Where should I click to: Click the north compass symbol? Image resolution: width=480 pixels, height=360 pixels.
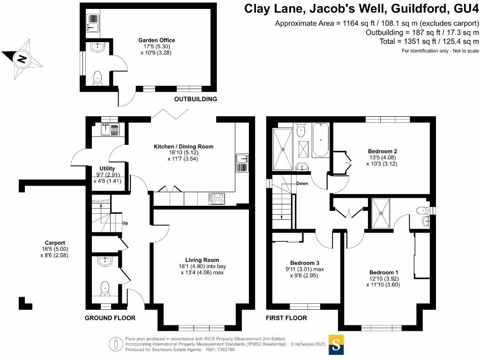pyautogui.click(x=22, y=59)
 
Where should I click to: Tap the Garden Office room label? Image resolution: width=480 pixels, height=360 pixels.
pyautogui.click(x=157, y=40)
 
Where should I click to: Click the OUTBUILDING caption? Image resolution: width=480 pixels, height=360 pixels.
pyautogui.click(x=195, y=99)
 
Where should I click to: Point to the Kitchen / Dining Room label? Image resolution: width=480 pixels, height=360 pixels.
pyautogui.click(x=183, y=147)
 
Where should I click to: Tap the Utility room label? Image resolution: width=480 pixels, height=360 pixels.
pyautogui.click(x=107, y=168)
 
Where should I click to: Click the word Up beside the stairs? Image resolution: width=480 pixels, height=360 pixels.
pyautogui.click(x=125, y=223)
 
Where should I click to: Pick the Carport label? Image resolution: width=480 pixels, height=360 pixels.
pyautogui.click(x=54, y=243)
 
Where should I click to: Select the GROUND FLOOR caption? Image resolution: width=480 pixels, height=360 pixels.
pyautogui.click(x=110, y=318)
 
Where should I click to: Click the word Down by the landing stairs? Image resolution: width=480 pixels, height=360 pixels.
pyautogui.click(x=302, y=183)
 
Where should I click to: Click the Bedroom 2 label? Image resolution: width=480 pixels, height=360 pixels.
pyautogui.click(x=382, y=151)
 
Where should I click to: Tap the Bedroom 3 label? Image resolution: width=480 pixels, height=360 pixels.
pyautogui.click(x=304, y=263)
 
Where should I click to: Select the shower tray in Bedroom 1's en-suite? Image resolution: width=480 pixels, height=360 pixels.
pyautogui.click(x=383, y=213)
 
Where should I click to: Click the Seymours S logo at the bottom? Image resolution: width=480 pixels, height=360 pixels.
pyautogui.click(x=337, y=345)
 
